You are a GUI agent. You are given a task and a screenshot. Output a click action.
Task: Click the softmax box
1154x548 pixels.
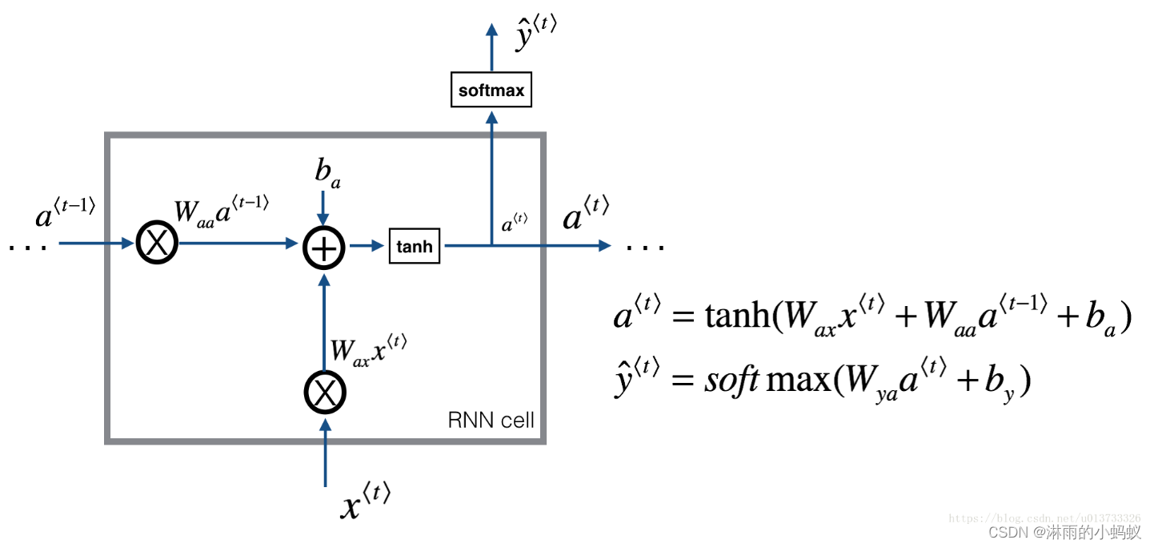(x=491, y=91)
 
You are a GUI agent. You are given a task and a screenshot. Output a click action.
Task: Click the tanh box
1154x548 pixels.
(x=414, y=246)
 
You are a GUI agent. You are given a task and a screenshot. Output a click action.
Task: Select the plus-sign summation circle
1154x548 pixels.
(x=323, y=248)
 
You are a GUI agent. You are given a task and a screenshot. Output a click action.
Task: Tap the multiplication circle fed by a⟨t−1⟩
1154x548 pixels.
(x=158, y=243)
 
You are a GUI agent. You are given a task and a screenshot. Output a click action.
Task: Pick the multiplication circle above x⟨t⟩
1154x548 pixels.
(x=325, y=393)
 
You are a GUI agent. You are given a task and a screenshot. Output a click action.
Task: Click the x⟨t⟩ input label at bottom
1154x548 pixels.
(x=365, y=502)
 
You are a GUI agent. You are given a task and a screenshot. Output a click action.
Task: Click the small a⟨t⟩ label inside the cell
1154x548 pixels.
(x=514, y=224)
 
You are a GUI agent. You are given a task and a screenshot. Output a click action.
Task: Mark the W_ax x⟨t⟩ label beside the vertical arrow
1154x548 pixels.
(x=369, y=349)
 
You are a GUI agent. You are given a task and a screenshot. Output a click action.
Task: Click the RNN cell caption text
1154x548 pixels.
(x=491, y=421)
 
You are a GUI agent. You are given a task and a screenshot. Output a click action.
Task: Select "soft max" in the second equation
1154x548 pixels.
(x=766, y=379)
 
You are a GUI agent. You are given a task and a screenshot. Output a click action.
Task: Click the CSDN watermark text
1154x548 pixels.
(x=1064, y=533)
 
